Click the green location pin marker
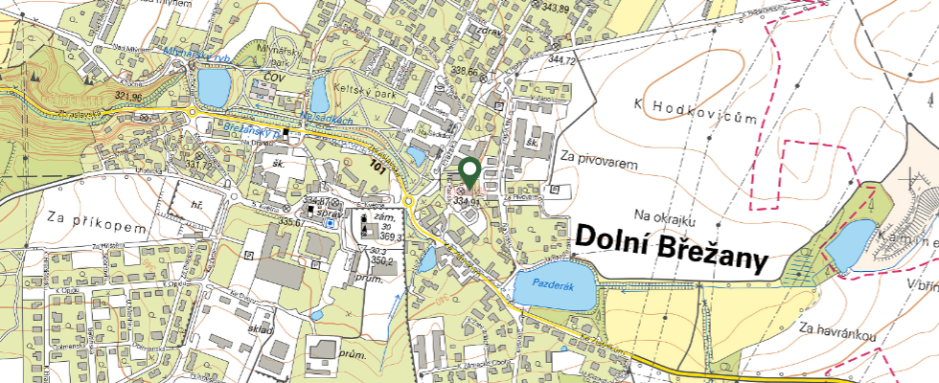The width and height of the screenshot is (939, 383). pos(469,171)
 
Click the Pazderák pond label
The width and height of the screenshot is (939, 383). pos(544,284)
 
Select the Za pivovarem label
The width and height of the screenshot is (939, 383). pos(599,164)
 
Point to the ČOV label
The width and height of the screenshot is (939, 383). pos(276,77)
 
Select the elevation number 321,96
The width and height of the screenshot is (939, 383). pos(127,97)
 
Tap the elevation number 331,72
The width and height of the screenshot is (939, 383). pos(200,165)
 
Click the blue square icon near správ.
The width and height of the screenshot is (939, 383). pos(332,223)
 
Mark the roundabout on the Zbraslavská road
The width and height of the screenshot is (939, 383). pos(194,112)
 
